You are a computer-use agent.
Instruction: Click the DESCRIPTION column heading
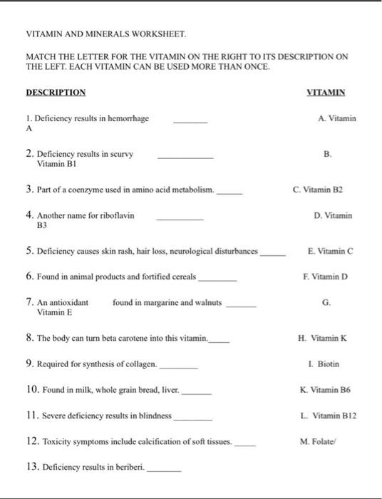pos(56,93)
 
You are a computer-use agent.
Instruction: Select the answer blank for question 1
pos(190,123)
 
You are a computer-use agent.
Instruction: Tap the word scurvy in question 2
pos(121,153)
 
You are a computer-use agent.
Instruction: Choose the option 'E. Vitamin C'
pos(331,251)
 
